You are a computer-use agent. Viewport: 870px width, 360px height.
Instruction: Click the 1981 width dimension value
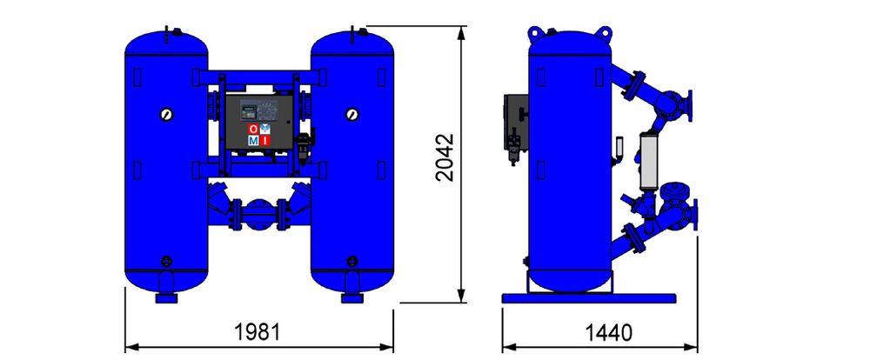(x=258, y=332)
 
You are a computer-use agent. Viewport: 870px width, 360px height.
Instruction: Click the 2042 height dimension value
(x=445, y=157)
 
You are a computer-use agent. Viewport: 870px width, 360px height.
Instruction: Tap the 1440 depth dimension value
(x=609, y=333)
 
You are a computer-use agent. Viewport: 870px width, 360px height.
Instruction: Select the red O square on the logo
(x=253, y=130)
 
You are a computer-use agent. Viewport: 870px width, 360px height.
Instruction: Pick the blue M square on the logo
(x=253, y=140)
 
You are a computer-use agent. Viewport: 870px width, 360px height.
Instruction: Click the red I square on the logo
(x=264, y=140)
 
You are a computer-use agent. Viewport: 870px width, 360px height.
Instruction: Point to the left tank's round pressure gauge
(x=166, y=114)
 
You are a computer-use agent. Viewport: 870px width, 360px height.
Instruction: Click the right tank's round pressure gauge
(x=351, y=114)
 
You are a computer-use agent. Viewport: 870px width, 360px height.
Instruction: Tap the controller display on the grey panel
(x=248, y=110)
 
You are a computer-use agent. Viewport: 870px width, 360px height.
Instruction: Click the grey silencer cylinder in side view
(x=648, y=161)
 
